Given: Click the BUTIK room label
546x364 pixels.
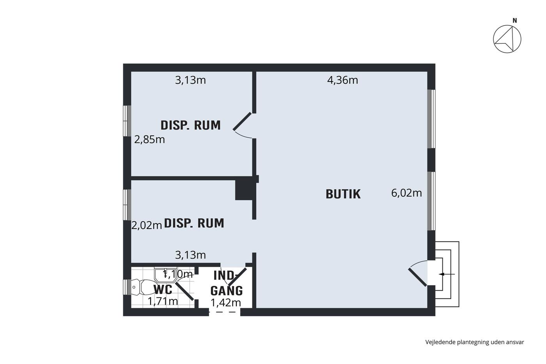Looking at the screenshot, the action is pos(343,194).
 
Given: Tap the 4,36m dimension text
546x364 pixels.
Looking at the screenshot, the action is pos(342,80).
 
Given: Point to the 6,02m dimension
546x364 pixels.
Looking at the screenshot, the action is pos(406,193).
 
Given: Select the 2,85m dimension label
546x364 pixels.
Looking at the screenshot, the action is pos(149,140).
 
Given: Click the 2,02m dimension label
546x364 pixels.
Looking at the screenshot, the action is pos(147,226).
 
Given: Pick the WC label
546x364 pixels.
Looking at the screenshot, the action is pos(163,289).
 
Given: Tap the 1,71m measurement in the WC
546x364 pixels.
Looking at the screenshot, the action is pos(163,301).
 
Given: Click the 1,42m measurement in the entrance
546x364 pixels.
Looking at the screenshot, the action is pos(226,303).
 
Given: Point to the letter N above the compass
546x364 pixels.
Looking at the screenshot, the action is pos(514,21).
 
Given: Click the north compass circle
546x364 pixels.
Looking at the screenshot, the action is pos(507,39).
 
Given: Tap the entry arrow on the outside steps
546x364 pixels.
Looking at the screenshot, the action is pos(447,274).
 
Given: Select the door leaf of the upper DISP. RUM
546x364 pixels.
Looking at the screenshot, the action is pos(242,121).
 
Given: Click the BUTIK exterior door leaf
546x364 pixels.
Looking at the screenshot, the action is pos(418,277).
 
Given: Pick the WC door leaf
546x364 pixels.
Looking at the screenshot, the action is pos(184,291).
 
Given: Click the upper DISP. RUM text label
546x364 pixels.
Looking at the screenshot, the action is pos(190,125).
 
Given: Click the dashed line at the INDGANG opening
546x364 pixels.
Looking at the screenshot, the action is pos(225,312).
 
